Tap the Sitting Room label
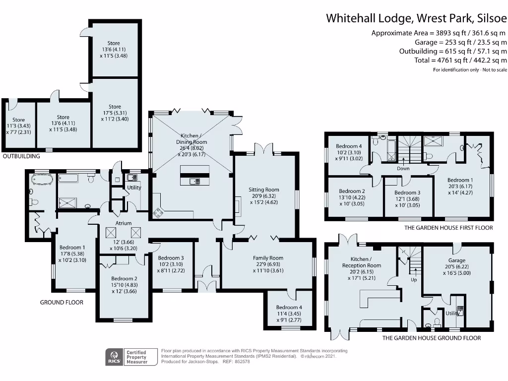[263, 190]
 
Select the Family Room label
[268, 258]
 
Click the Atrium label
[124, 223]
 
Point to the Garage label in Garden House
[456, 260]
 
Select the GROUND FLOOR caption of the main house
[62, 302]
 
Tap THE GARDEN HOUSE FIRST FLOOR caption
[448, 228]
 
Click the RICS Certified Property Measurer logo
[127, 357]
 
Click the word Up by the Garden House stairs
[414, 280]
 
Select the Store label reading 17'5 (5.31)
[115, 107]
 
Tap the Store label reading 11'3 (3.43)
[19, 120]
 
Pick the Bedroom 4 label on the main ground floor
[289, 308]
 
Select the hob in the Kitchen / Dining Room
[158, 213]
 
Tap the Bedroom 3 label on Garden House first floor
[407, 193]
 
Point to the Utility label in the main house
[134, 188]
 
